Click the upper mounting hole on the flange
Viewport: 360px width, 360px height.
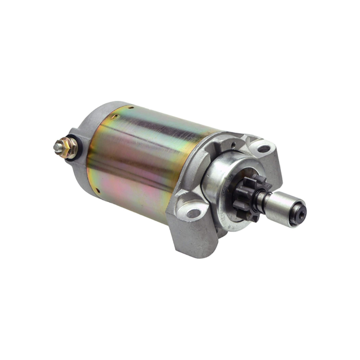[x=264, y=148]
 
